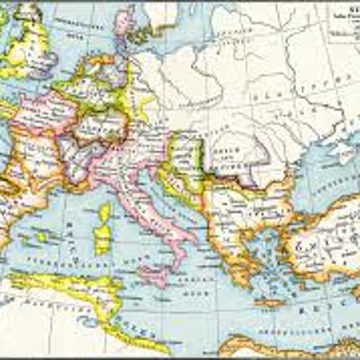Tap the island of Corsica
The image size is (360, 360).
pyautogui.click(x=106, y=213)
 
